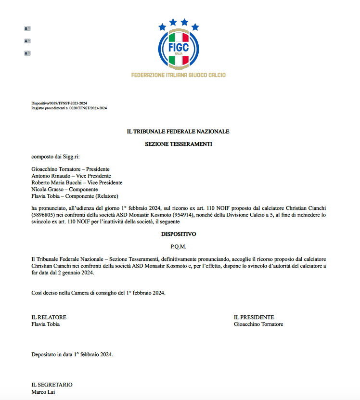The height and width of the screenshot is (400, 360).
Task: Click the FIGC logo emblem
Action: click(x=178, y=45)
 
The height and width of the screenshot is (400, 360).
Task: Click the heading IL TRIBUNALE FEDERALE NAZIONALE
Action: click(x=178, y=131)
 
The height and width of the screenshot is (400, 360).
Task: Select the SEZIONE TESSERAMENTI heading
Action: click(x=179, y=143)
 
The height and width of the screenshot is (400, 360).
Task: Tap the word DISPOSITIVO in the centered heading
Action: click(x=179, y=234)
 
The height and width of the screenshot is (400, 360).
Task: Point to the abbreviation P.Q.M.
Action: click(x=179, y=246)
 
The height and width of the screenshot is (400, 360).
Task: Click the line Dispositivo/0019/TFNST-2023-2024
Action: click(x=59, y=103)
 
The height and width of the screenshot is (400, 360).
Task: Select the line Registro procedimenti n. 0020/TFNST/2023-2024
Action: click(x=69, y=108)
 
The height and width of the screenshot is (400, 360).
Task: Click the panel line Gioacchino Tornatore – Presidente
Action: click(x=71, y=169)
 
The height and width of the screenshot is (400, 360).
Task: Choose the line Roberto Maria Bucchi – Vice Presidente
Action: click(x=77, y=183)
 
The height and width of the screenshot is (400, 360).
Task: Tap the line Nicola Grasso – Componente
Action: click(x=64, y=190)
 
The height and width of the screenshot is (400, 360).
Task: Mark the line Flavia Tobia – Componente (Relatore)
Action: click(x=75, y=196)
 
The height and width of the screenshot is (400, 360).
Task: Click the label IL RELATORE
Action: click(x=49, y=317)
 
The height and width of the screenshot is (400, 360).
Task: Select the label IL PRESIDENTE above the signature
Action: click(x=254, y=317)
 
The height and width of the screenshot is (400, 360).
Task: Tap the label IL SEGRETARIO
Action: click(x=52, y=385)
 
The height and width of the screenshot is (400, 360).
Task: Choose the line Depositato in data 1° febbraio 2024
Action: click(x=73, y=355)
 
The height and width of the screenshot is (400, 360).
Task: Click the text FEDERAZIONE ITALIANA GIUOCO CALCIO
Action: click(x=178, y=75)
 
